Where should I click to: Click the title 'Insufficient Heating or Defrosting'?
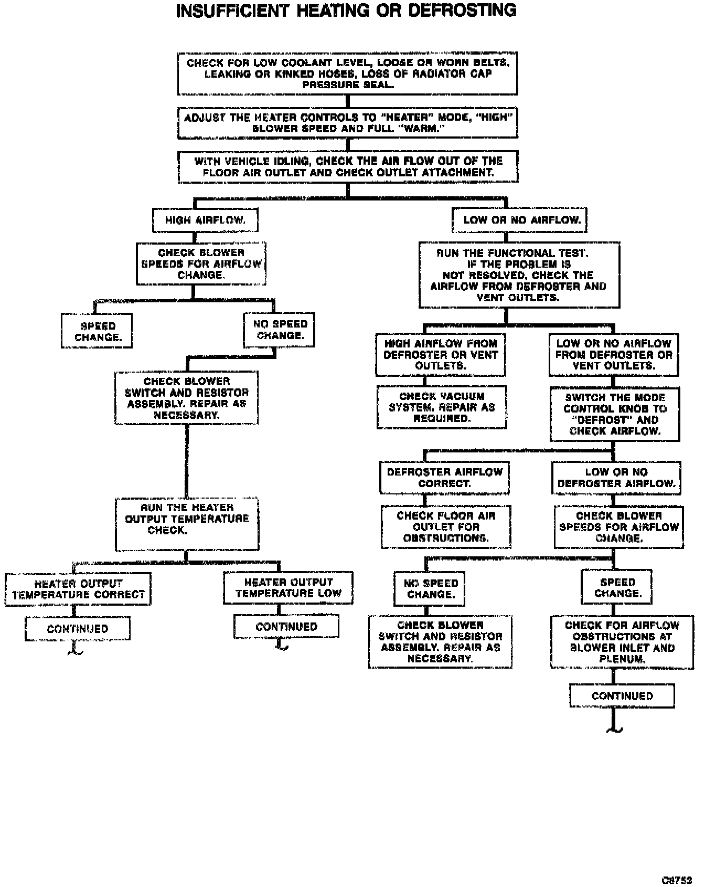point(346,10)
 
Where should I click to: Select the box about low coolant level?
point(347,73)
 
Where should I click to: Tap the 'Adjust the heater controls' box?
point(347,123)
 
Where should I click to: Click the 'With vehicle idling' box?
point(348,167)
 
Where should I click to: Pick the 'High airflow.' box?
point(205,220)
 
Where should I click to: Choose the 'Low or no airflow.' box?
point(519,220)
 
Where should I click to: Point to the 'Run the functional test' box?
point(519,275)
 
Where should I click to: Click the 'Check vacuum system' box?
point(442,407)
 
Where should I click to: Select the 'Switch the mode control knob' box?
point(615,414)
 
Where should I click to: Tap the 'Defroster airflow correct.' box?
point(444,478)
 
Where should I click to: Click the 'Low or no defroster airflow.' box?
point(616,478)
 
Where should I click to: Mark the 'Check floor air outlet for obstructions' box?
point(446,527)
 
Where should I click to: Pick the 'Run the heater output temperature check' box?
point(187,524)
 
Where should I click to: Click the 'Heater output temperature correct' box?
point(78,589)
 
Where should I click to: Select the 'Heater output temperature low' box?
point(288,588)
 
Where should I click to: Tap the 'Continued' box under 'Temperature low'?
point(286,627)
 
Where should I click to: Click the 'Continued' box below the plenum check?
point(622,696)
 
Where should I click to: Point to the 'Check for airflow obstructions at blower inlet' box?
point(622,642)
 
